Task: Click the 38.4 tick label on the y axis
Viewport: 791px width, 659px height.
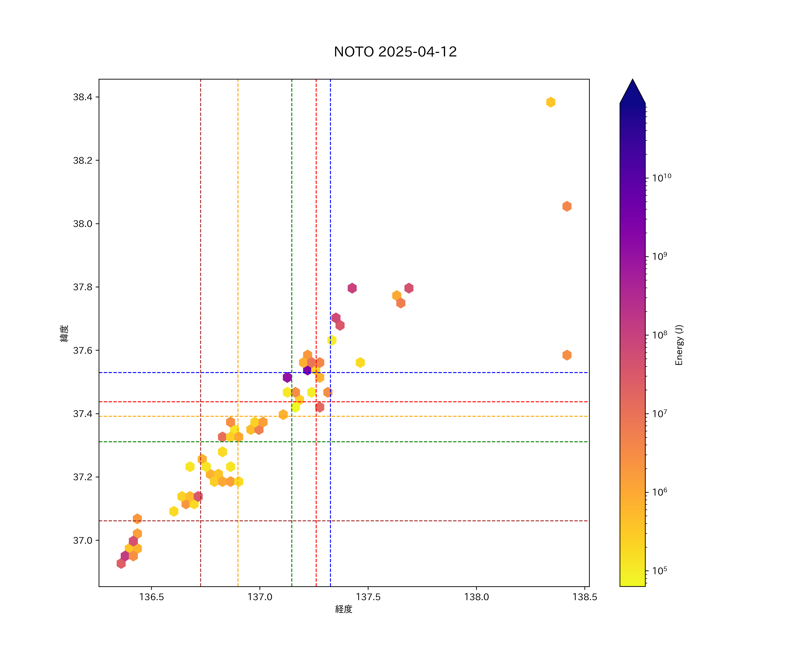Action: point(82,97)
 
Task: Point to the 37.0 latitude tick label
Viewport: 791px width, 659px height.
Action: point(82,540)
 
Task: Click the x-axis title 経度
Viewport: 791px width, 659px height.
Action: point(343,609)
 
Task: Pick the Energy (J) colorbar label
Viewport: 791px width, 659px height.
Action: point(679,345)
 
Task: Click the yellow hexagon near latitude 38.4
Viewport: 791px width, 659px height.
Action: point(550,102)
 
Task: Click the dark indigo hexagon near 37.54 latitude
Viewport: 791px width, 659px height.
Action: point(307,370)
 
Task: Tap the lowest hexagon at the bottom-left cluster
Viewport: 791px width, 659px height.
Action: point(121,563)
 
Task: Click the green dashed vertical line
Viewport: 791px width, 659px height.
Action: point(292,264)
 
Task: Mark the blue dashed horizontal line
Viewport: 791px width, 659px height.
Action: point(452,372)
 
